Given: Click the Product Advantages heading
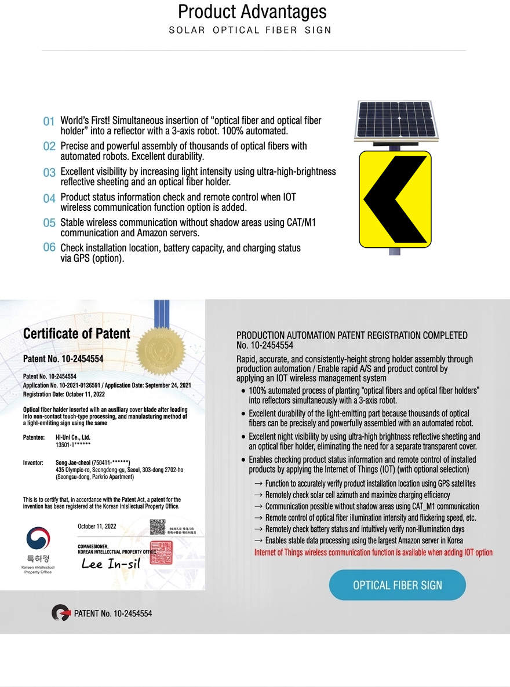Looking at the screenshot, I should coord(252,12).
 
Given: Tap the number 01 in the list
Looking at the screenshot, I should coord(49,122).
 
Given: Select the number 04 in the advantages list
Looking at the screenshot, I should coord(49,198).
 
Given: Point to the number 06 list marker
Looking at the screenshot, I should coord(49,247).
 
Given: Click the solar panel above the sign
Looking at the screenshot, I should coord(396,119).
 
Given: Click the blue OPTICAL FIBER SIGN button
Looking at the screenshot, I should coord(397,585).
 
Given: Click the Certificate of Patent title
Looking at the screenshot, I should coord(76,334).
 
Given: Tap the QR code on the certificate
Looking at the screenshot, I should coord(158,527).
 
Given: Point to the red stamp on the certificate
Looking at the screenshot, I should coord(161,552).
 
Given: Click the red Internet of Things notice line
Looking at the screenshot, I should coord(373,553).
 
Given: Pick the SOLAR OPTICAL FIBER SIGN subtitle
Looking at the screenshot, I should coord(250,30).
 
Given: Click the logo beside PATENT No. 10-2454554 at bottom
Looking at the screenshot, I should coord(60,613).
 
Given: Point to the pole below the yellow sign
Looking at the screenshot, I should coord(394,251).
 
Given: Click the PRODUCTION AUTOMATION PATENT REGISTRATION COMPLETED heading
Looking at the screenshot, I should coord(352,335).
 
